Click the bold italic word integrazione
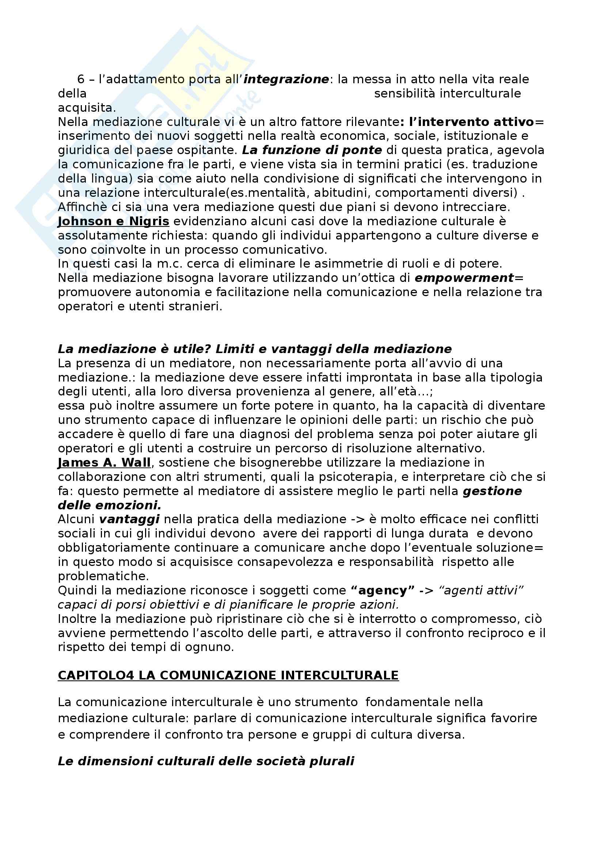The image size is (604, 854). (x=286, y=79)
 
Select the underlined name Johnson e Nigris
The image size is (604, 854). (x=114, y=221)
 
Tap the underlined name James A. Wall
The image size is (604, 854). (x=104, y=463)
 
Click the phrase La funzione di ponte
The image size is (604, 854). (x=312, y=150)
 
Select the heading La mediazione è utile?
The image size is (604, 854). (x=134, y=349)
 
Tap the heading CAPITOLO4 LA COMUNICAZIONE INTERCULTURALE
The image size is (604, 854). (x=228, y=675)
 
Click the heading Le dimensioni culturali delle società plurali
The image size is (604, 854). (x=206, y=761)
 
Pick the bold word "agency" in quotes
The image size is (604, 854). (x=383, y=590)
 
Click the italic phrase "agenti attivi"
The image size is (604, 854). (x=481, y=590)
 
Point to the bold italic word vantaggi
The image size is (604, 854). (x=129, y=519)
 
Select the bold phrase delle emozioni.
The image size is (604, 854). (x=110, y=505)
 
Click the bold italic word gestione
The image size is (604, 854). (x=492, y=491)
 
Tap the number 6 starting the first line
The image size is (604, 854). (x=81, y=79)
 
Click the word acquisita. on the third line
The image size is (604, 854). (x=87, y=108)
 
